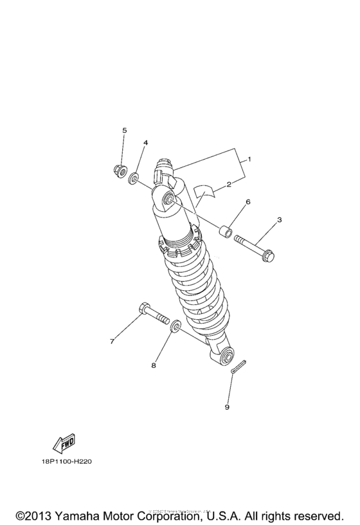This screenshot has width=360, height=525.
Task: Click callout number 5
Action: (x=125, y=131)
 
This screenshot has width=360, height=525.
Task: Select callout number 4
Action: (x=146, y=142)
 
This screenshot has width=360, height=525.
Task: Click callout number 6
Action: (x=248, y=201)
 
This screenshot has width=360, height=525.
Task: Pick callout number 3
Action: (x=280, y=220)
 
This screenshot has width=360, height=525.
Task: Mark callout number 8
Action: (x=154, y=365)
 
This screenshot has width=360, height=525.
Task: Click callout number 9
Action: (x=226, y=407)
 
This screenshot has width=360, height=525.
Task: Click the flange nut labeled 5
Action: (x=118, y=170)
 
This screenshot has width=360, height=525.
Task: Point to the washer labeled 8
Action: (x=174, y=329)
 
